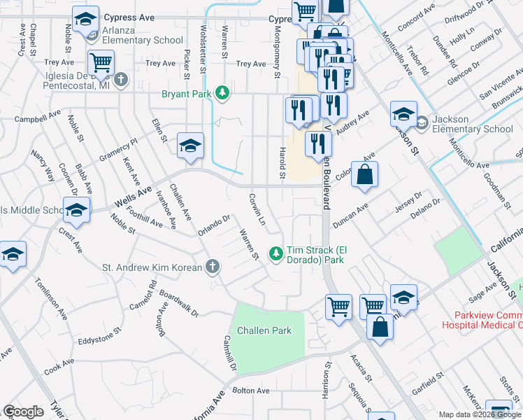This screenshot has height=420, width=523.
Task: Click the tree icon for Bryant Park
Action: click(x=222, y=93)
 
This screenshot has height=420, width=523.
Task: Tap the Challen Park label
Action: click(x=263, y=330)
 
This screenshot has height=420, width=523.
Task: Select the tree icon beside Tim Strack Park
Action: click(x=276, y=253)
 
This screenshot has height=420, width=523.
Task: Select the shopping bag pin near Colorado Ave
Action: click(x=364, y=174)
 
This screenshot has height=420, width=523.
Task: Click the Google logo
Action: click(x=23, y=412)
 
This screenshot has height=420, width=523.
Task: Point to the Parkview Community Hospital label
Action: click(x=481, y=320)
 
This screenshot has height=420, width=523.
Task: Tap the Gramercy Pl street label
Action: click(x=119, y=150)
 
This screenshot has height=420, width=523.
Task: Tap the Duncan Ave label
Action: click(x=350, y=214)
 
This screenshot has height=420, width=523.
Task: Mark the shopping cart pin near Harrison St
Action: click(x=338, y=306)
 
